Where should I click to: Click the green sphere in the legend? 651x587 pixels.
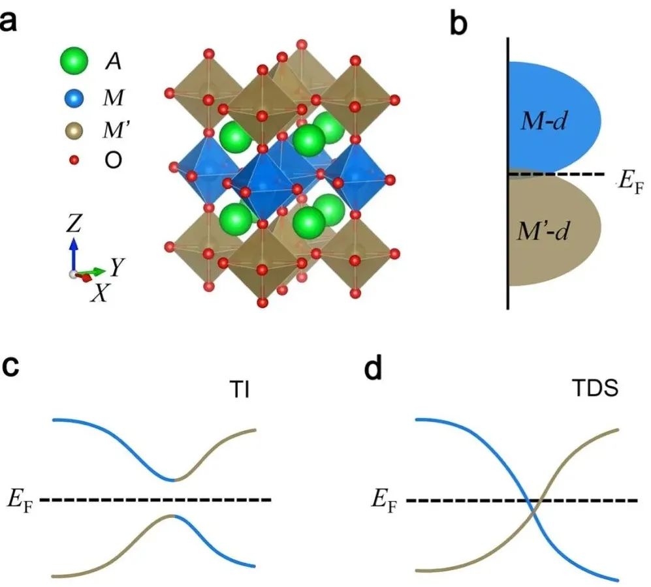pos(73,62)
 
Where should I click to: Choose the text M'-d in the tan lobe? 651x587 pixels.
pos(537,231)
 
